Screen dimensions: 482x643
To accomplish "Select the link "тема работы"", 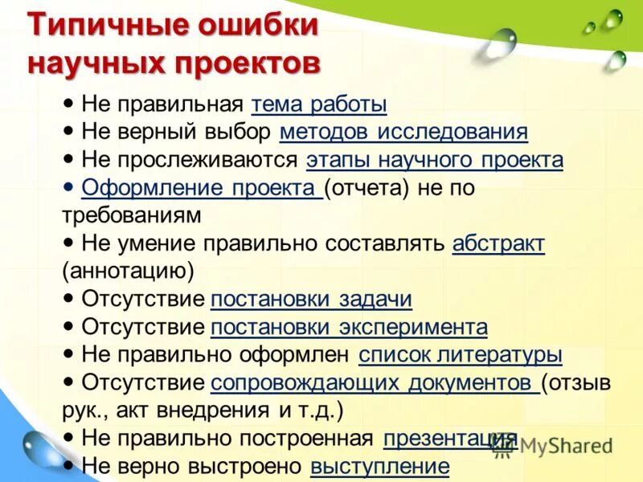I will point(319,104).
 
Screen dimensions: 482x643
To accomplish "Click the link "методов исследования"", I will point(403,132).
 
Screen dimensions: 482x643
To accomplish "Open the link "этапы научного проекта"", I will point(434,160).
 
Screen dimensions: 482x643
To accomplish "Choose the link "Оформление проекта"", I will point(201,188).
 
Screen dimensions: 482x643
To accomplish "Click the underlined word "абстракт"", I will point(498,243).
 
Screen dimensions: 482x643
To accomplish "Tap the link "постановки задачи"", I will point(311,300).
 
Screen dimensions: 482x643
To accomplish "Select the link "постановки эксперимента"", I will point(349,327).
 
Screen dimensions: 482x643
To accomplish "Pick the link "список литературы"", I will point(460,355).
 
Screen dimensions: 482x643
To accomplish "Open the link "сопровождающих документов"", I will point(375,382).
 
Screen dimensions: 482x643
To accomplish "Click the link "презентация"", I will point(449,439).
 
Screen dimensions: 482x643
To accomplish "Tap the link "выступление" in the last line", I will point(379,466).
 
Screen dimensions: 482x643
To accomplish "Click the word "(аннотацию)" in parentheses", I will point(128,272).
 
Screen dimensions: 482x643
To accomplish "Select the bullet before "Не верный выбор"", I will point(69,130).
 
